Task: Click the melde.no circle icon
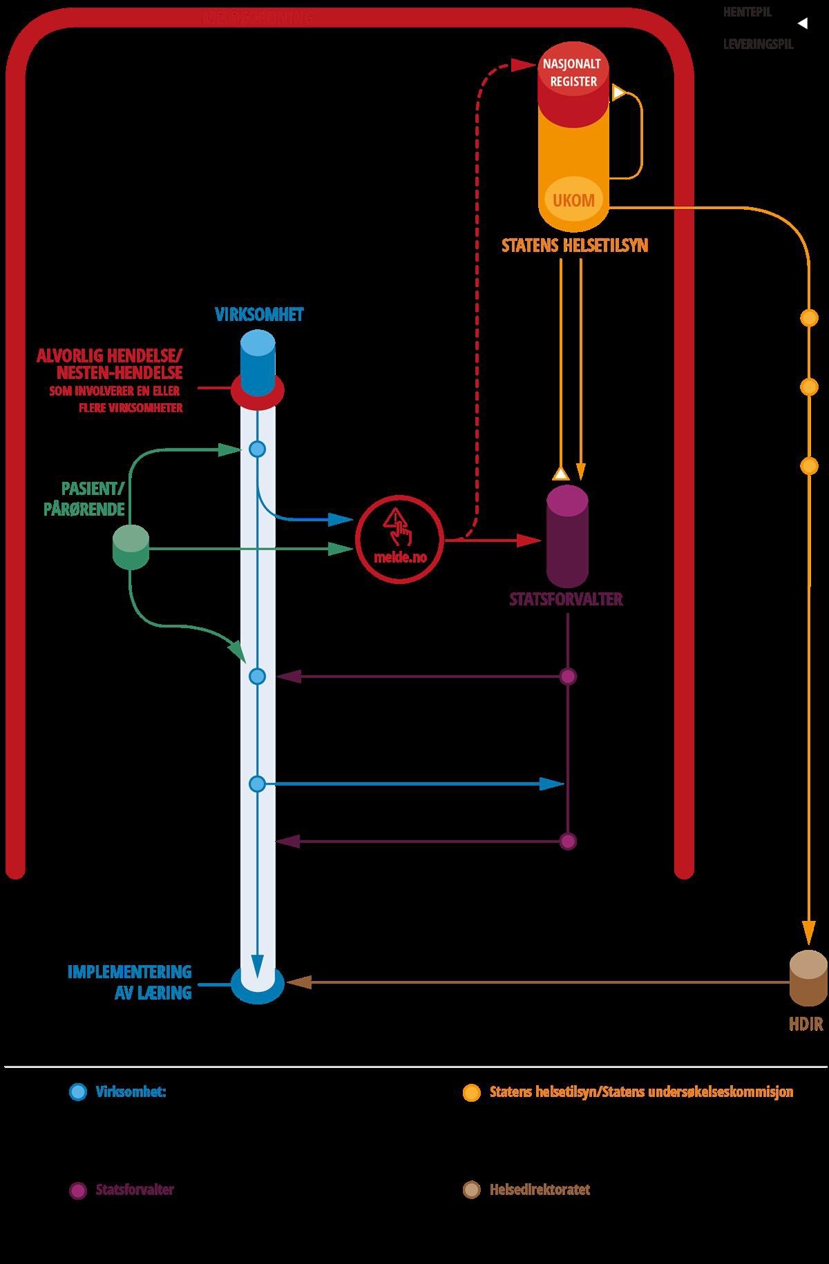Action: point(399,539)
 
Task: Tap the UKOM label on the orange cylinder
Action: point(573,200)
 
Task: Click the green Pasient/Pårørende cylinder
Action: point(131,547)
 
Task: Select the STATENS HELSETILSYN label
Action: point(575,246)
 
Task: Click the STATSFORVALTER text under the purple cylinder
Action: point(566,599)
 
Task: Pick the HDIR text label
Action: point(806,1024)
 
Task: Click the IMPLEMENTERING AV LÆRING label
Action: point(130,982)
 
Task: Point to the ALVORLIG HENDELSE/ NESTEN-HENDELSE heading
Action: point(111,364)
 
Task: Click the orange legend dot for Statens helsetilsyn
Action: point(471,1092)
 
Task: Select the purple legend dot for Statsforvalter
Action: point(78,1190)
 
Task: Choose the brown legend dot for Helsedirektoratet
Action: point(471,1190)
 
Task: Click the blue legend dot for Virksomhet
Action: point(78,1092)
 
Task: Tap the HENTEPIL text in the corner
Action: point(747,12)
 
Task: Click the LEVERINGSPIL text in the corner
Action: point(758,44)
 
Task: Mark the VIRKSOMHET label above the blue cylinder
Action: point(259,315)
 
